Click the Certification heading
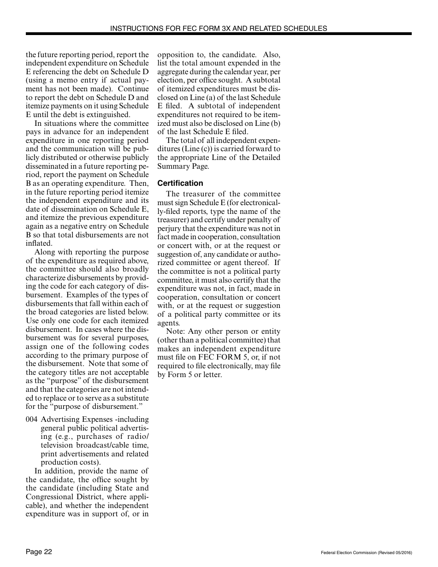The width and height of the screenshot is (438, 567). click(180, 183)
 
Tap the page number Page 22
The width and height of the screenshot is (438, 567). click(39, 552)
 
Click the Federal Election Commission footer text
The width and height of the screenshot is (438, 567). click(366, 552)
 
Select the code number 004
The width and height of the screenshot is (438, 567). click(31, 419)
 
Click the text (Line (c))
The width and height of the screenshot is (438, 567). click(197, 149)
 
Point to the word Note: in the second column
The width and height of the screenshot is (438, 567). click(176, 331)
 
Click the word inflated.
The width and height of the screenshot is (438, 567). click(39, 243)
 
